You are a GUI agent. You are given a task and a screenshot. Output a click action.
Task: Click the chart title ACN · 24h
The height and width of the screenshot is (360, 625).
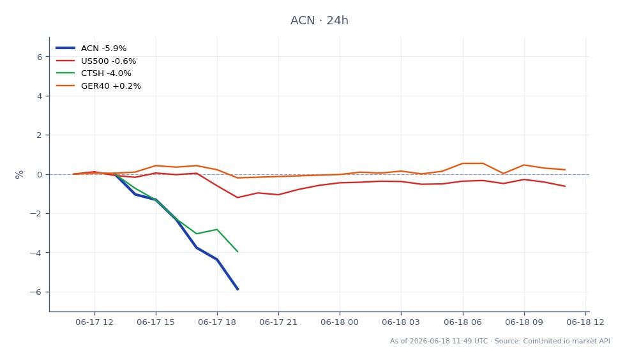pos(319,20)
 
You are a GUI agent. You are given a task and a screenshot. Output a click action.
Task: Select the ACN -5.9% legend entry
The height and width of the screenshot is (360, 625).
pos(91,49)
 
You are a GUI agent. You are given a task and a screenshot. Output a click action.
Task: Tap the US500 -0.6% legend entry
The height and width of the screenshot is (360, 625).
pos(96,61)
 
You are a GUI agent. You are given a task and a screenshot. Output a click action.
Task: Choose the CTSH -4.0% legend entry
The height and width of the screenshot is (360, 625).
pos(93,73)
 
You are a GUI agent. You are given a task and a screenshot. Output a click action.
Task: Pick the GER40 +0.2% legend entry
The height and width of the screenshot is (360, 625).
pos(98,86)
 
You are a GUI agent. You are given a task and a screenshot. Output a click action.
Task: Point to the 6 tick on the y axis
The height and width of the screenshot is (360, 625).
pos(40,57)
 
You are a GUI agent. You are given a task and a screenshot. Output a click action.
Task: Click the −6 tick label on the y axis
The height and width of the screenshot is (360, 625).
pos(36,292)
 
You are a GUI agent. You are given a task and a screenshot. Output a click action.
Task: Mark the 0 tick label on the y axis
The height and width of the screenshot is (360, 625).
pos(40,175)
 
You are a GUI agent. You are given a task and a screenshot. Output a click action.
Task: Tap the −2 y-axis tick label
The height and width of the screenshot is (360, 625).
pos(36,214)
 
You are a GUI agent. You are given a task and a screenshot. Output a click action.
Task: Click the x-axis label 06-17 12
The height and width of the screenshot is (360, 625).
pos(94,322)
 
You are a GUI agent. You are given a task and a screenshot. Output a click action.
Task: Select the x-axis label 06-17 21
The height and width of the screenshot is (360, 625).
pos(278,322)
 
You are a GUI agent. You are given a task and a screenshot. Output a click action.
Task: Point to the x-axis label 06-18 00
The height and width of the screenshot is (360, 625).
pos(340,322)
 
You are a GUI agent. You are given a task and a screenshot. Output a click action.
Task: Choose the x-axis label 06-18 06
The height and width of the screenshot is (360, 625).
pos(463,322)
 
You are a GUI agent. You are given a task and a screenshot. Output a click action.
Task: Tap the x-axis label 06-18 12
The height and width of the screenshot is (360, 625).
pos(585,322)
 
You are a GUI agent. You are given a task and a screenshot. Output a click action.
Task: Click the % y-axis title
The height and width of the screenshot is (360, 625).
pos(19,175)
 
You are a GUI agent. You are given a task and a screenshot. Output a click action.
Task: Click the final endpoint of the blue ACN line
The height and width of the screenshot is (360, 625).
pos(238,289)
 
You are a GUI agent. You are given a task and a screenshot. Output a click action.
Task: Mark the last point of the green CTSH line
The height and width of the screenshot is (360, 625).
pos(237,251)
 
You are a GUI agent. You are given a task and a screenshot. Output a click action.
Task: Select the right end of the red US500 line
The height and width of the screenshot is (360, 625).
pos(565,186)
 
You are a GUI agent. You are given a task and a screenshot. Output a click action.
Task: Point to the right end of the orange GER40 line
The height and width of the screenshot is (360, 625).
pos(565,170)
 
